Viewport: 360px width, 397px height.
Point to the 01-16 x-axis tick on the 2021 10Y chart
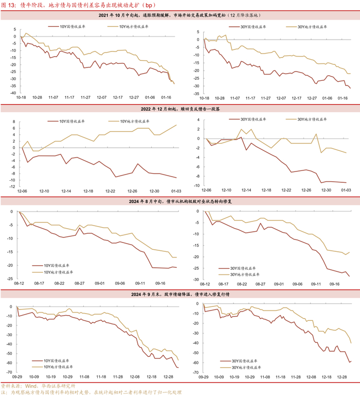pyautogui.click(x=167, y=97)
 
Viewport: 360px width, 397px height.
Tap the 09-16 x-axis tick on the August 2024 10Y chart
pyautogui.click(x=160, y=283)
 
